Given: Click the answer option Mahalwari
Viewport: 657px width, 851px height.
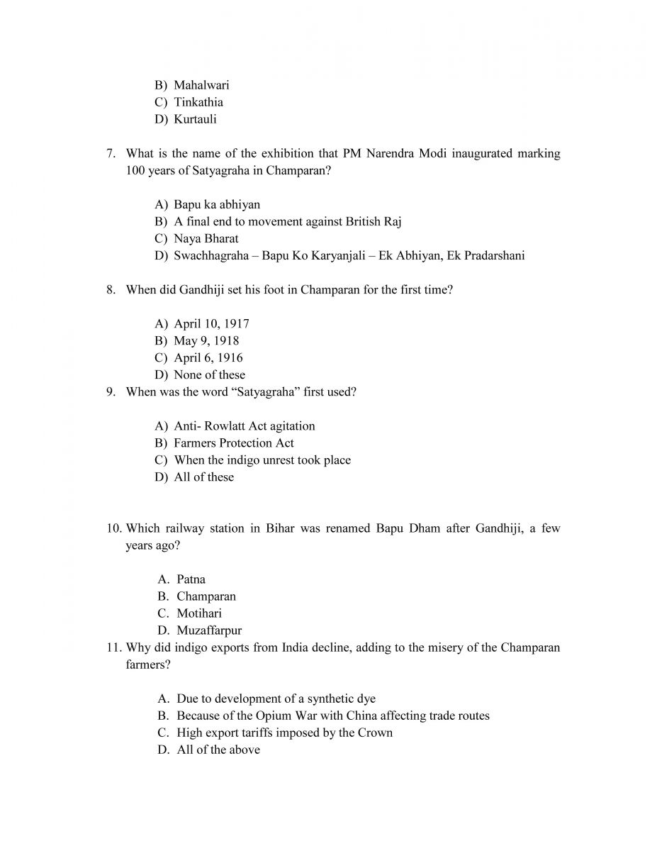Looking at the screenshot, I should click(x=201, y=85).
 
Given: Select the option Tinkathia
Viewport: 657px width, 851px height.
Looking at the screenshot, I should click(x=198, y=102).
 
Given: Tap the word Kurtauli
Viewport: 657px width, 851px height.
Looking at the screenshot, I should click(x=195, y=119).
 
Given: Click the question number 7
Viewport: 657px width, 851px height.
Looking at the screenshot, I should click(x=111, y=153).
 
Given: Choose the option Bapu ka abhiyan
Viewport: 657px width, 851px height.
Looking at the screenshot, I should click(x=217, y=204).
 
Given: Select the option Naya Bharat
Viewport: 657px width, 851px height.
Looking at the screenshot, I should click(x=206, y=238).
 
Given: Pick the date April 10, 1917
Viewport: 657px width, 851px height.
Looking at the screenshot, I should click(x=211, y=323).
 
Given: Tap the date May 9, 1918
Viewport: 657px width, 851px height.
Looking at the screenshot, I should click(x=206, y=340).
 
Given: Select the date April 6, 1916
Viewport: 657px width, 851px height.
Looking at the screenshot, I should click(x=208, y=357).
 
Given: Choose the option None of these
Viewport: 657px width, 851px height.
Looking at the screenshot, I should click(x=209, y=374).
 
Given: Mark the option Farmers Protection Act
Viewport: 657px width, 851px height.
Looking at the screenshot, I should click(x=234, y=443).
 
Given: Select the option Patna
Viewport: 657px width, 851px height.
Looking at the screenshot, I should click(x=191, y=579).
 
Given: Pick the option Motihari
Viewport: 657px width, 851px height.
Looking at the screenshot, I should click(x=199, y=613).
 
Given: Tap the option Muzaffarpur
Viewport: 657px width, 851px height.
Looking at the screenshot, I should click(x=209, y=630).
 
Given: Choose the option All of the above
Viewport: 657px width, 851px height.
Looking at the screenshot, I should click(x=218, y=750).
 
